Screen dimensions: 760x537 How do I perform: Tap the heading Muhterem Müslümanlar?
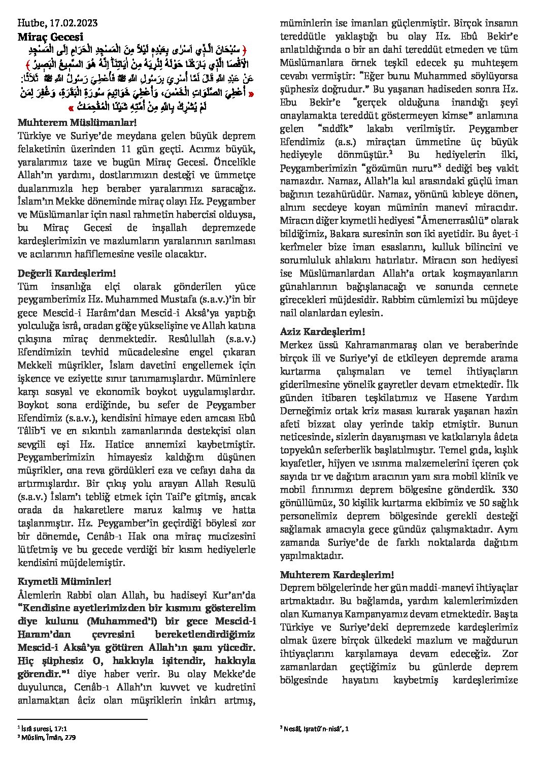point(77,123)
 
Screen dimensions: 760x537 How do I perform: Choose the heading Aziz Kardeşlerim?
point(322,332)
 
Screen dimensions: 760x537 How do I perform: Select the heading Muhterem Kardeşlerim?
point(337,575)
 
